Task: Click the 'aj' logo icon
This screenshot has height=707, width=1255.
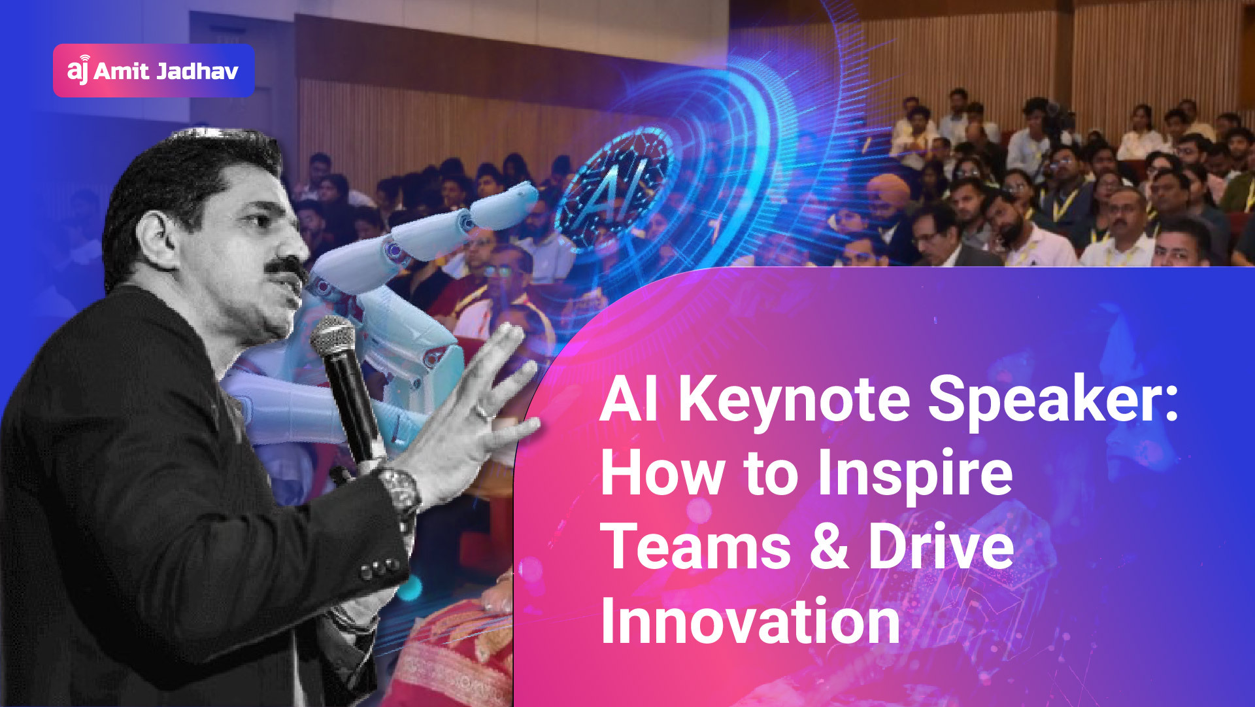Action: (78, 69)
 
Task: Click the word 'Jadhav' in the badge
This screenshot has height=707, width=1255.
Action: (197, 71)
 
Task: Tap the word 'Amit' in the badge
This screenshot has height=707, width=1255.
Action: (122, 71)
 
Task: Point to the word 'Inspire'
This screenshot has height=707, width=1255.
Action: (915, 474)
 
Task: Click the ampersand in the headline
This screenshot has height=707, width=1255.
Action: (829, 547)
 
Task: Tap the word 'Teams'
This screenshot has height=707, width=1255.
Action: (695, 547)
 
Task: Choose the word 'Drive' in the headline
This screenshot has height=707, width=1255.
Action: (941, 547)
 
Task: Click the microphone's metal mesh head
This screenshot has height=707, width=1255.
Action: (333, 336)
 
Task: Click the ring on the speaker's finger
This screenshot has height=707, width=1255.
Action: (482, 412)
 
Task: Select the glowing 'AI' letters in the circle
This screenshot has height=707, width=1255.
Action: (614, 190)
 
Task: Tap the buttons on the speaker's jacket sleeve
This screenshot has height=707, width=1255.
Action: (380, 569)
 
